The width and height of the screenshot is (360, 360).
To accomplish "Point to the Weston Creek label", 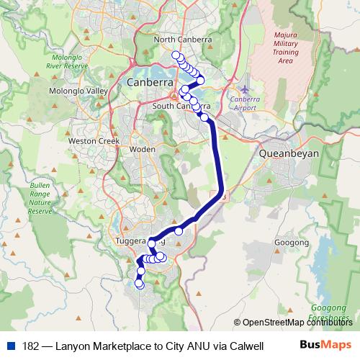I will [x=94, y=141].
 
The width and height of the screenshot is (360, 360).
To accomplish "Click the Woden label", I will [x=142, y=149].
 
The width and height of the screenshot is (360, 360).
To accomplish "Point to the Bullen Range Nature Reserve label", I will [x=40, y=199].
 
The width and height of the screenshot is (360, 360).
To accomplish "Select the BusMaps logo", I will [x=325, y=345].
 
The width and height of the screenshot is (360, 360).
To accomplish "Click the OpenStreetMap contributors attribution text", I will [x=298, y=323].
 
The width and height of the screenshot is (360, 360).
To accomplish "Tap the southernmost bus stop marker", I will [x=140, y=285].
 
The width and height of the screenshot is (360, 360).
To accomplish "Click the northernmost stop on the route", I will [x=176, y=55].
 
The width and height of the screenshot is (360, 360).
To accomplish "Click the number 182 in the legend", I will [x=31, y=345].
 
